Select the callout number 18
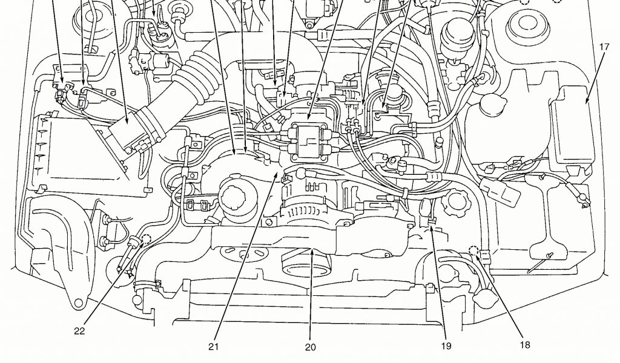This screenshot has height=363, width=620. [x=524, y=344]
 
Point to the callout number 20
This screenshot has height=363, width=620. [x=310, y=347]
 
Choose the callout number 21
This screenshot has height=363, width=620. [x=213, y=347]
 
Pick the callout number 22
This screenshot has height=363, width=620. [x=80, y=330]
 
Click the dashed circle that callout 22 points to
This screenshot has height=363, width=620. [x=147, y=238]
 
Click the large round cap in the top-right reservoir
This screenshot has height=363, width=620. [x=524, y=27]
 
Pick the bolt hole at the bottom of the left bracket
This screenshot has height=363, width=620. [x=77, y=300]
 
